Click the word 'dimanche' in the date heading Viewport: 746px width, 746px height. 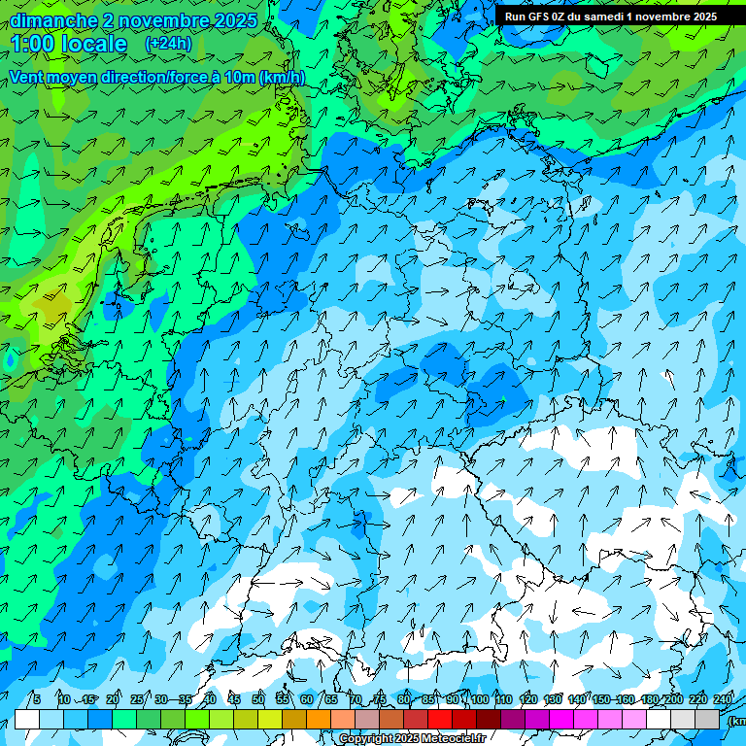point(51,20)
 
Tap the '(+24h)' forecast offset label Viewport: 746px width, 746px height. point(168,44)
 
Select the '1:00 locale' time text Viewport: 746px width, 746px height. point(69,45)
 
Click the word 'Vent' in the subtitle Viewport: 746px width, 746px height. point(28,77)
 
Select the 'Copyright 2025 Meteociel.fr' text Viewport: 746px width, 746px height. point(412,739)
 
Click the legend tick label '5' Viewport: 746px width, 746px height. point(37,699)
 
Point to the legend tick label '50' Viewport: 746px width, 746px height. point(258,699)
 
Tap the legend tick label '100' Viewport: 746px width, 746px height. point(480,699)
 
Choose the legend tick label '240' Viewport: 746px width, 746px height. point(723,699)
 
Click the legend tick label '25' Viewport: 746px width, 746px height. point(136,699)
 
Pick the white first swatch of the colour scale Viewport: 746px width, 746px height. point(27,719)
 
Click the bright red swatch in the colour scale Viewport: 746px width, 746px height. point(440,719)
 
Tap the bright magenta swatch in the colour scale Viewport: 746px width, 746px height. point(561,719)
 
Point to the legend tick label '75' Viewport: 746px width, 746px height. point(380,699)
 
